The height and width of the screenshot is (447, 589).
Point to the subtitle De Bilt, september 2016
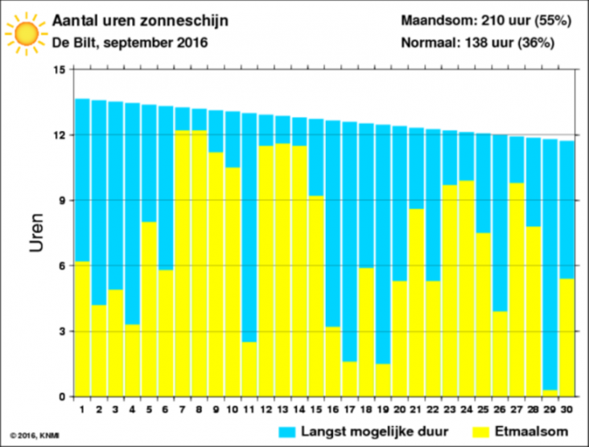coord(130,43)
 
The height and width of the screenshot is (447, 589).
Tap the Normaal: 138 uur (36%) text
coord(488,43)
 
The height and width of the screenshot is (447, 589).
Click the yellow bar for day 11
coord(249,369)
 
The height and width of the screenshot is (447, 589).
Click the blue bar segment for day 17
coord(349,241)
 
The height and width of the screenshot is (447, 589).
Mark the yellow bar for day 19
coord(382,379)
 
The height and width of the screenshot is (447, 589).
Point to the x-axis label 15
coord(315,407)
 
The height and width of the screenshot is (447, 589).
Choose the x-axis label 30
coord(566,407)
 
